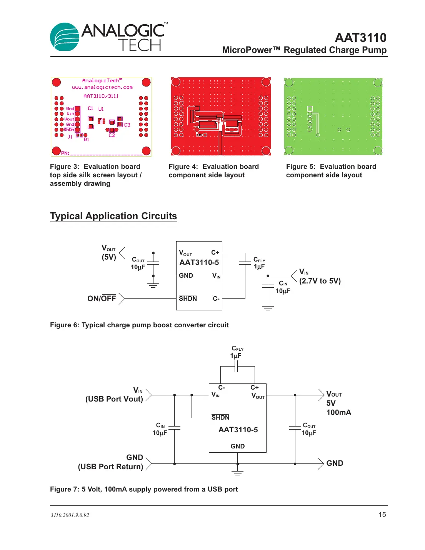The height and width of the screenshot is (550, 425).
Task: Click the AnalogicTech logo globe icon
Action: (65, 37)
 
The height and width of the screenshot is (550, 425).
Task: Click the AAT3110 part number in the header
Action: (360, 38)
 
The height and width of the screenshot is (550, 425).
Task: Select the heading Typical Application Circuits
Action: (113, 216)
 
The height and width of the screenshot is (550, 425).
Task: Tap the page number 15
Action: (382, 515)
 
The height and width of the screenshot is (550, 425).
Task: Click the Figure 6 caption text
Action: (139, 325)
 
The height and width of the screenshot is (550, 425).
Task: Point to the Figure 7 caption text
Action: (144, 489)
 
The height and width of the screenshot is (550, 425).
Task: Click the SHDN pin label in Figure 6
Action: (188, 298)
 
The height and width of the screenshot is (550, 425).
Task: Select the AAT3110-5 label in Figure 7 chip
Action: (238, 430)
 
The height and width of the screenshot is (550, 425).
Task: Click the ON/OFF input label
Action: (102, 298)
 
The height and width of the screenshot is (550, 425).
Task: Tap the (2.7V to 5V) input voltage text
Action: (320, 281)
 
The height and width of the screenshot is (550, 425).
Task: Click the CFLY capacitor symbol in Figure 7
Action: (237, 368)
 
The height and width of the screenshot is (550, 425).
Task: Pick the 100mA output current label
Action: (338, 412)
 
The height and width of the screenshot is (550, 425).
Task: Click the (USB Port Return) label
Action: (110, 467)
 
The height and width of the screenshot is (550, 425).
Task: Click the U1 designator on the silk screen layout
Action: (101, 109)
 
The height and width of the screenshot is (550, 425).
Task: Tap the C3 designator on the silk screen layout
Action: (127, 125)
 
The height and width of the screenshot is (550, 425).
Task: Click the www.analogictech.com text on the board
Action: (102, 87)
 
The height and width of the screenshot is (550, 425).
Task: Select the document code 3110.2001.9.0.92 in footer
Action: (70, 515)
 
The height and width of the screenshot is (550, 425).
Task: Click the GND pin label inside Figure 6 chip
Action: (186, 276)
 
